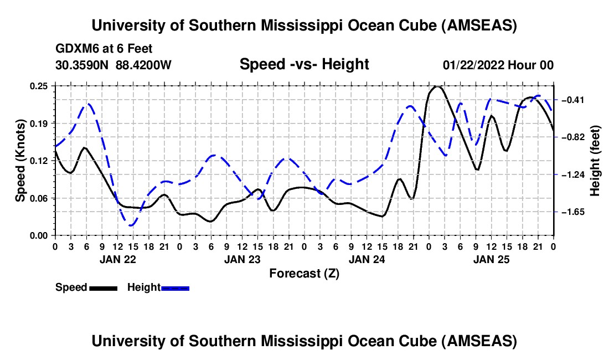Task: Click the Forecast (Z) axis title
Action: [304, 273]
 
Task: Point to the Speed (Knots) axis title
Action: [20, 161]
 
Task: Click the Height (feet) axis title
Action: [595, 161]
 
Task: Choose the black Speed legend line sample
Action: [103, 288]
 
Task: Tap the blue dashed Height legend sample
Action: [175, 288]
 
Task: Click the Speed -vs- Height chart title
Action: [304, 65]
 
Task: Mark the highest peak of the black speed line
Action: [437, 86]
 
